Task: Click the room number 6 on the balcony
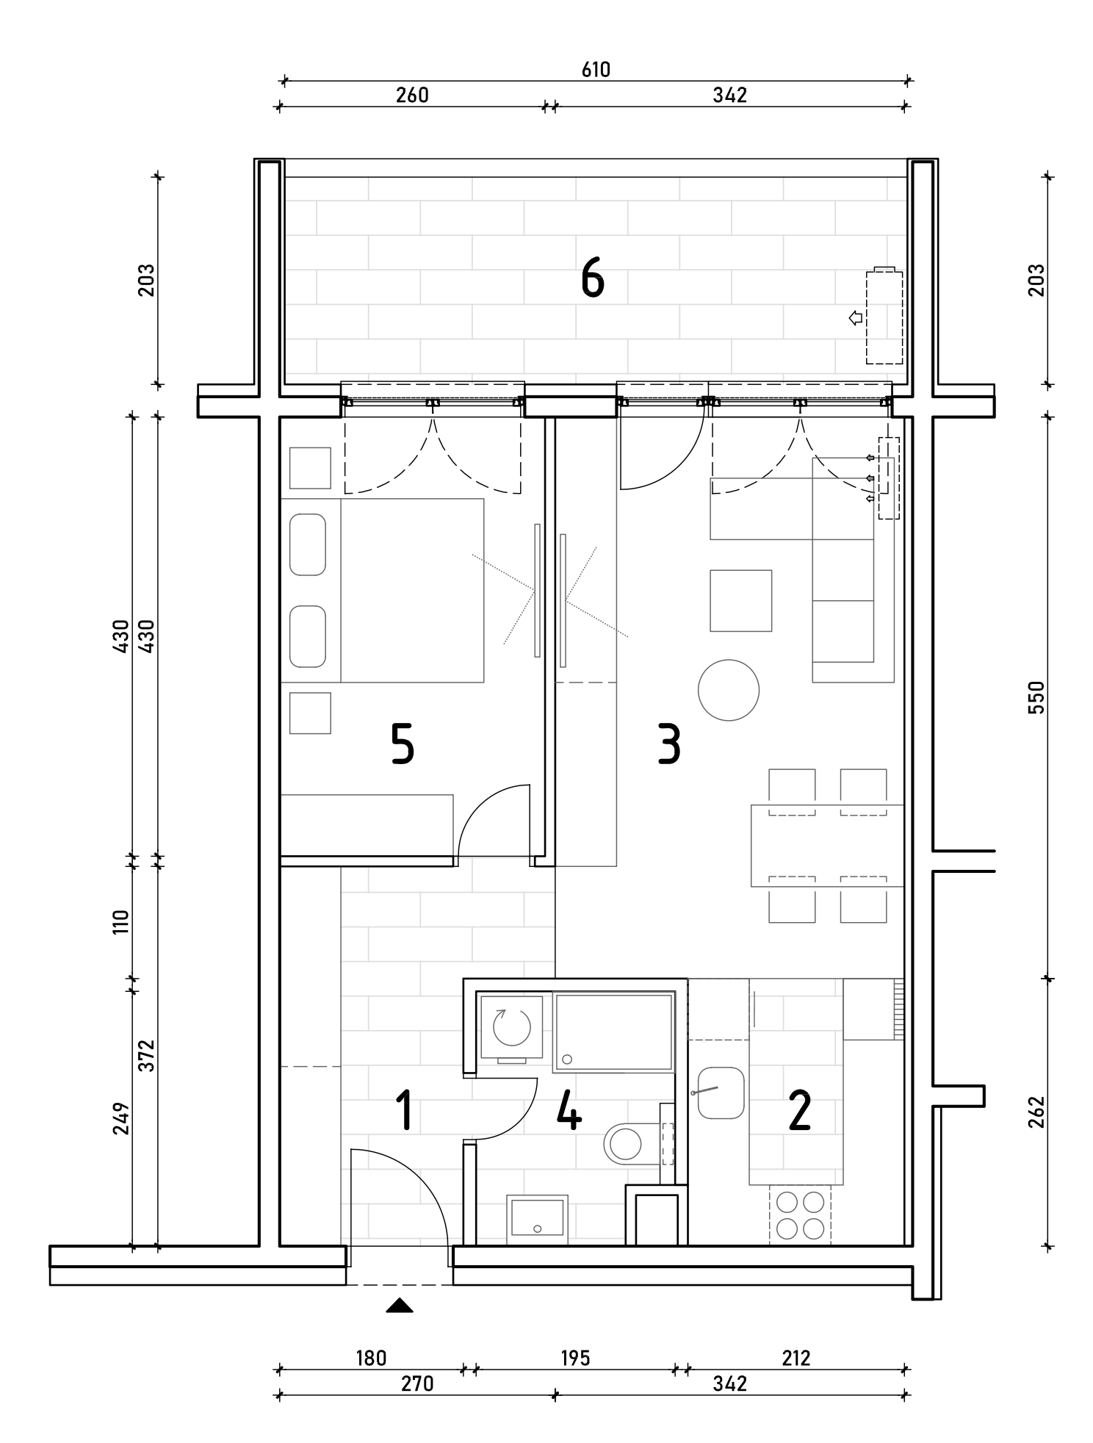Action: pyautogui.click(x=593, y=280)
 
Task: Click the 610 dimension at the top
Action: pyautogui.click(x=596, y=69)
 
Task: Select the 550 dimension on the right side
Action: pyautogui.click(x=1036, y=697)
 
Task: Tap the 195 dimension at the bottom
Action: pyautogui.click(x=575, y=1358)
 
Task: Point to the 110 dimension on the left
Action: pyautogui.click(x=121, y=921)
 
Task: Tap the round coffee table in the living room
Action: pyautogui.click(x=729, y=690)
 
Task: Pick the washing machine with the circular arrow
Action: pyautogui.click(x=512, y=1027)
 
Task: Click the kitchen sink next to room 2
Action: pyautogui.click(x=720, y=1093)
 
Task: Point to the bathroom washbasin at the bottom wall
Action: pyautogui.click(x=537, y=1219)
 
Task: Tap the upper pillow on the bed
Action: pyautogui.click(x=308, y=544)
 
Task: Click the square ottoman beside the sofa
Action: pyautogui.click(x=740, y=600)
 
